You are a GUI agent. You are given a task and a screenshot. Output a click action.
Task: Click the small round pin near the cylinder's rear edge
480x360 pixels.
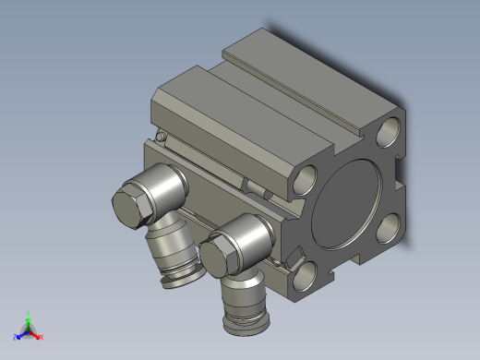coord(162,138)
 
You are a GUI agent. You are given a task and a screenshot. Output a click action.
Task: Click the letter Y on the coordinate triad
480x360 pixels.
coord(29,312)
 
